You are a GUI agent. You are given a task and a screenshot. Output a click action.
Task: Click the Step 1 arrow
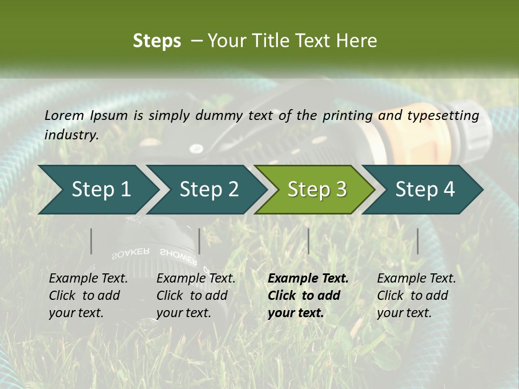97,190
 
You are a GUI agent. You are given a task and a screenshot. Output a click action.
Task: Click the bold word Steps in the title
157,41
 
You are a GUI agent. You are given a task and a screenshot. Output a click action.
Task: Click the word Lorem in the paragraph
64,115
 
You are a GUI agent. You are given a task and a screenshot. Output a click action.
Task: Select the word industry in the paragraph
70,135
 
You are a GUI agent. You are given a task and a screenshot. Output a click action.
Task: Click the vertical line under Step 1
91,241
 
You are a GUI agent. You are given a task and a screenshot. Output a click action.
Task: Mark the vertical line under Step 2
199,241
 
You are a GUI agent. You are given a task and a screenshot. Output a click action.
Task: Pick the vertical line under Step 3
308,241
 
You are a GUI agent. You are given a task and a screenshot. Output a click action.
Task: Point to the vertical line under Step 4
417,241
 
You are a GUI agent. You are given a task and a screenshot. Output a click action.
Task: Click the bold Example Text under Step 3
308,279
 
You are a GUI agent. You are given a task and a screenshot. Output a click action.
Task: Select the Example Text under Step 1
88,279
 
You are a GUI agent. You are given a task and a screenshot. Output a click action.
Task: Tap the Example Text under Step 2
196,279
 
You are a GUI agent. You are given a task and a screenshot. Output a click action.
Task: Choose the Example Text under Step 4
416,279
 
